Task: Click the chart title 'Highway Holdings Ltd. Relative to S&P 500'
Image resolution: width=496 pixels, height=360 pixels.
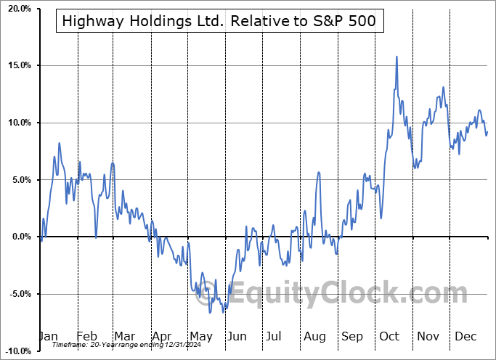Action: click(219, 21)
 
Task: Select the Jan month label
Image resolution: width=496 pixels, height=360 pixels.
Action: click(48, 336)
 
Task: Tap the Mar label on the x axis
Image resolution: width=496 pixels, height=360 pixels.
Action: click(125, 336)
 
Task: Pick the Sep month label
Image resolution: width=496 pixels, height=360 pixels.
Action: click(352, 336)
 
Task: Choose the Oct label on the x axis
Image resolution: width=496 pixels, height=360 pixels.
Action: click(390, 336)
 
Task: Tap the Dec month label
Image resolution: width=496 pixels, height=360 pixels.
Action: click(466, 336)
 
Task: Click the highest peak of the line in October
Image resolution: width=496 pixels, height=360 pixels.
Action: click(397, 57)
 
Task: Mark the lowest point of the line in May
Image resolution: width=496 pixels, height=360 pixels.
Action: click(210, 312)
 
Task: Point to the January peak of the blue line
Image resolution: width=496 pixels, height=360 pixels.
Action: click(59, 143)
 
